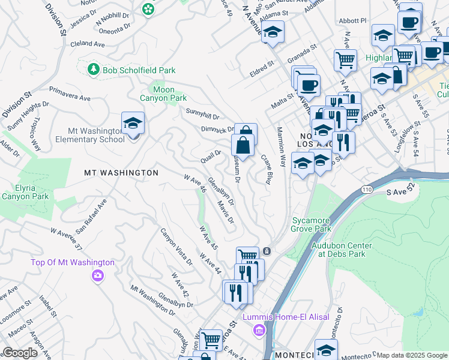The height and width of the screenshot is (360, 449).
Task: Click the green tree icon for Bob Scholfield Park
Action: (x=93, y=70)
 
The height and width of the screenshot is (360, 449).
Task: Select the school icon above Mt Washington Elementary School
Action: (x=133, y=124)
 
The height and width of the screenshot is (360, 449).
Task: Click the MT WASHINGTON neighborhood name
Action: (x=121, y=173)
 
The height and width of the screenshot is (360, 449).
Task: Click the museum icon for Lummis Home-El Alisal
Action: (x=259, y=330)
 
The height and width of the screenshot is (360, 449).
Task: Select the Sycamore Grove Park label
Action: (x=311, y=224)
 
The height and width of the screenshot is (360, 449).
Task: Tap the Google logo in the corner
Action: (x=20, y=353)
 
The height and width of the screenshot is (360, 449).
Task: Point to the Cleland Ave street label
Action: (x=88, y=44)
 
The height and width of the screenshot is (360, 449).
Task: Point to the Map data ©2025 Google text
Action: (x=412, y=355)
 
